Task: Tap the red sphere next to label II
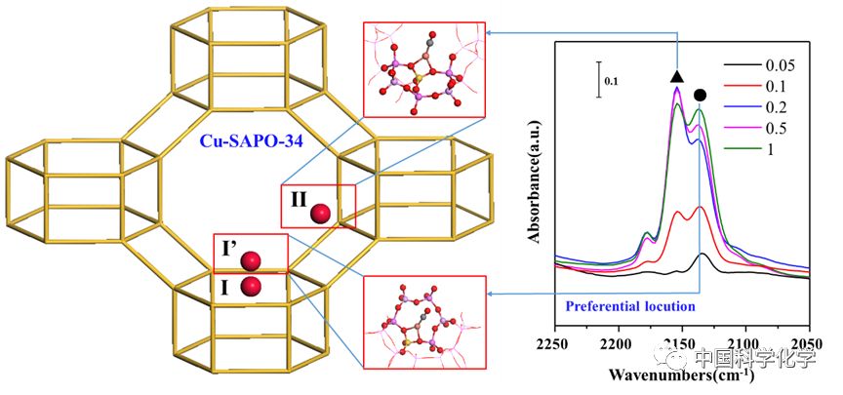click(x=320, y=214)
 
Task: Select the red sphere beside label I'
click(x=251, y=260)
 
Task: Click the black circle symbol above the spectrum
click(x=701, y=95)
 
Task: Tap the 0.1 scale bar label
click(x=612, y=83)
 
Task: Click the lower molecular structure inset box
click(x=423, y=322)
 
